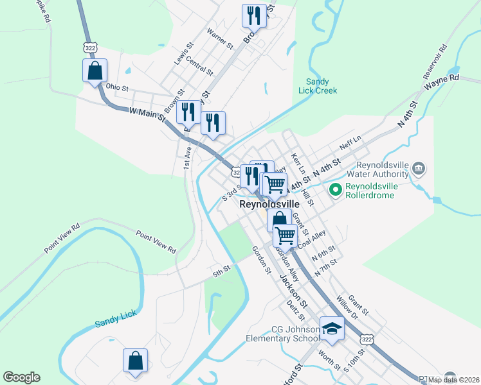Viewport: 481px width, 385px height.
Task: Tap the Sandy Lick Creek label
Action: point(318,86)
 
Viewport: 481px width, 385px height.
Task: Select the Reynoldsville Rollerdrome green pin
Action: point(335,189)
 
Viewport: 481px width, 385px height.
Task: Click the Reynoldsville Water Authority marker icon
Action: point(419,169)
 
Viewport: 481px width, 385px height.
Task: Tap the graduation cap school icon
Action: point(332,329)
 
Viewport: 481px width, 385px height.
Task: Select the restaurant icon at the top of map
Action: point(254,15)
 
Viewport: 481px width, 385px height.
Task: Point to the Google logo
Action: point(21,377)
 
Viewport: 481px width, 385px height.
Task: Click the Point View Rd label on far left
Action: point(62,237)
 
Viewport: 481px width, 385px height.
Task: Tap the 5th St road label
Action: point(221,270)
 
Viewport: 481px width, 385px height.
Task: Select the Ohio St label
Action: point(118,87)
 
